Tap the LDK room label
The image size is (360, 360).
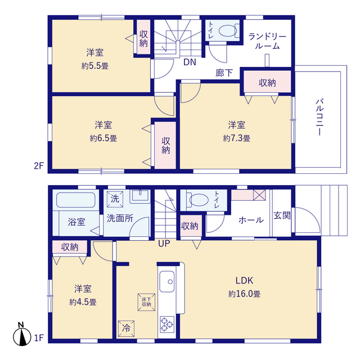tap(244, 280)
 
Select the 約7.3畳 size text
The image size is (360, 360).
tap(236, 138)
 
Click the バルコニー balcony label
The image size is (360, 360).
tap(319, 117)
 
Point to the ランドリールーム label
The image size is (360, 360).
tap(267, 41)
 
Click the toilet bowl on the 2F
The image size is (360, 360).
tap(227, 30)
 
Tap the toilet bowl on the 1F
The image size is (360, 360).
tap(199, 200)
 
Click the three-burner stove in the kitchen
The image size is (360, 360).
tap(167, 324)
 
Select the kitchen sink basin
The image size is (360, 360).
tap(167, 281)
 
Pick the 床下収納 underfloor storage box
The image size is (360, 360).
tap(146, 302)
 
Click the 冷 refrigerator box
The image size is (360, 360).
tap(126, 328)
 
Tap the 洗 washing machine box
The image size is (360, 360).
tap(115, 199)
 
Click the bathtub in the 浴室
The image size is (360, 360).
tap(76, 200)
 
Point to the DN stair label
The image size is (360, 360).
tap(190, 62)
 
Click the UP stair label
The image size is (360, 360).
tap(164, 244)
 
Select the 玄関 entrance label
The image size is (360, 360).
tap(282, 215)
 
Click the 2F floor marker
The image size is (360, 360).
tap(39, 165)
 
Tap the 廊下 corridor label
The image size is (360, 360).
tap(224, 73)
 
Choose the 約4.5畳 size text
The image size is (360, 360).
tap(83, 302)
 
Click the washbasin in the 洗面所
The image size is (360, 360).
tap(140, 196)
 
